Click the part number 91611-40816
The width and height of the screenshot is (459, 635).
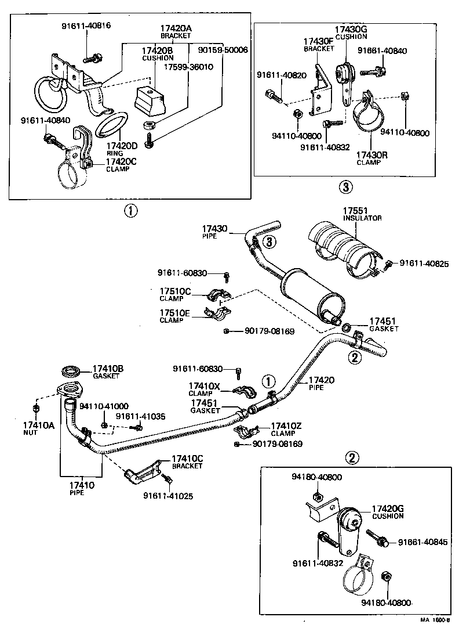(86, 26)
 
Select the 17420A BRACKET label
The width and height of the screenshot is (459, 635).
(176, 31)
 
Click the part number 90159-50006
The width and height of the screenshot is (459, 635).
(223, 50)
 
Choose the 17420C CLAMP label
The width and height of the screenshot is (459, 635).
(121, 165)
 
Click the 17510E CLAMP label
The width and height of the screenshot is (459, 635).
(174, 316)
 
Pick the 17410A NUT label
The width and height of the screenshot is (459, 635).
(39, 428)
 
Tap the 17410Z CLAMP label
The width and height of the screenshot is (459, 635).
(286, 430)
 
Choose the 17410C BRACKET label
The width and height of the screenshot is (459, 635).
(187, 463)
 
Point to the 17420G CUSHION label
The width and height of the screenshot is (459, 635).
(387, 512)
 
